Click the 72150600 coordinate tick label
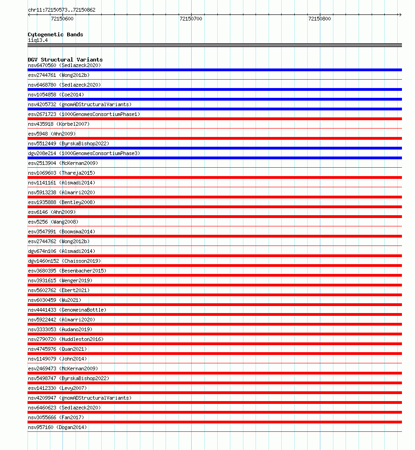point(62,19)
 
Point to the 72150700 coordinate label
point(191,19)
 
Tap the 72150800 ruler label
point(319,19)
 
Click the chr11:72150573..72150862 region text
point(62,10)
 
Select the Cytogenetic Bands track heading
point(55,34)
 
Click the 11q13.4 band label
point(38,40)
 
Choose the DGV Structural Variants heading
point(65,60)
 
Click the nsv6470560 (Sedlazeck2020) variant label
point(64,65)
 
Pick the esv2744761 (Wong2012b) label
point(59,75)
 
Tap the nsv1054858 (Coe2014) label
point(56,95)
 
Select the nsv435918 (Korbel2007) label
point(59,124)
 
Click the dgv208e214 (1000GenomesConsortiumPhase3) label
point(84,153)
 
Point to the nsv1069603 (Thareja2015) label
point(62,173)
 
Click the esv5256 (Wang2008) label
point(53,222)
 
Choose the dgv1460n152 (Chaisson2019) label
point(64,261)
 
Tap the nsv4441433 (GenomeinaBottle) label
point(67,310)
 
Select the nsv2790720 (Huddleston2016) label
point(66,339)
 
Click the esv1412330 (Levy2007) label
point(57,388)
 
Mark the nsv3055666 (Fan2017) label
point(56,417)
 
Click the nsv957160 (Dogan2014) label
point(57,427)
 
